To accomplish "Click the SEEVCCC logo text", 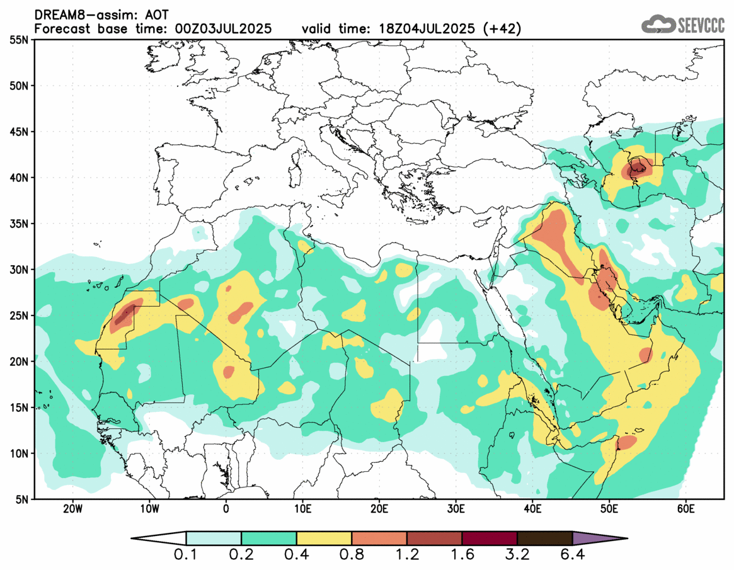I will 701,25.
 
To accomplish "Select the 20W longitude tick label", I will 72,508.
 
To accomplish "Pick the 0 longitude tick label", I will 226,508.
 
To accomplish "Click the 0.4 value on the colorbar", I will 296,556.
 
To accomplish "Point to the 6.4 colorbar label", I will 572,556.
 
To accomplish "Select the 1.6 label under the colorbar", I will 462,556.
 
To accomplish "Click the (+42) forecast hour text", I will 501,29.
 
